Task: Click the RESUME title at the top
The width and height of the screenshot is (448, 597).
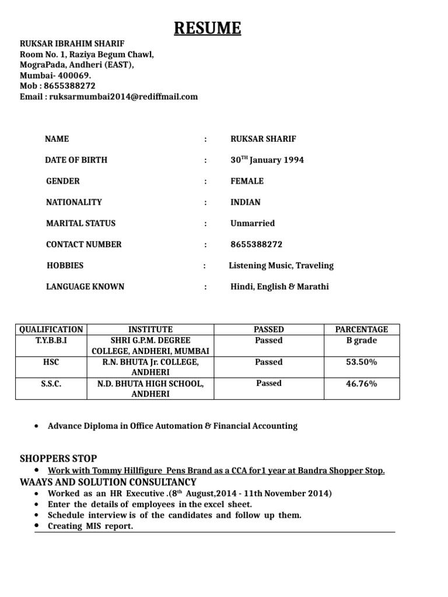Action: click(x=207, y=27)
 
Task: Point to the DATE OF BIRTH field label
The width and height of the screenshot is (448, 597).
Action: click(x=76, y=160)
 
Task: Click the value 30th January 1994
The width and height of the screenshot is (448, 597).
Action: click(x=267, y=160)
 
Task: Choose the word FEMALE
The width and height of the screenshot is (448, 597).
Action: click(x=247, y=181)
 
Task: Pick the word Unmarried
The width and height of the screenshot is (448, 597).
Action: click(x=252, y=223)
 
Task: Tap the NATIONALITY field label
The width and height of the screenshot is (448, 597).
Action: click(x=74, y=202)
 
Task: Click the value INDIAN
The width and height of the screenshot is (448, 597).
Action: click(x=246, y=202)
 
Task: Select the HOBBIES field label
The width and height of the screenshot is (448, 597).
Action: click(x=65, y=265)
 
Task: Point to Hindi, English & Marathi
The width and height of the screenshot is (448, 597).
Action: click(x=279, y=286)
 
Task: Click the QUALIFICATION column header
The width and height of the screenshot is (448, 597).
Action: click(x=51, y=329)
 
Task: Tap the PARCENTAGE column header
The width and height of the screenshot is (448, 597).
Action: click(x=362, y=329)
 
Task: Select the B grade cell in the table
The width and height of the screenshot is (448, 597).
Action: click(x=362, y=340)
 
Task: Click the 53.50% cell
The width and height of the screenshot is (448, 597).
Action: click(x=362, y=362)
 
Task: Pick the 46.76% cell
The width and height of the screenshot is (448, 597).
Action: click(x=362, y=384)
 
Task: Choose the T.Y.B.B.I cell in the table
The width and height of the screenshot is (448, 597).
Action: click(x=51, y=340)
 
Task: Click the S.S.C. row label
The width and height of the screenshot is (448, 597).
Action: click(x=51, y=384)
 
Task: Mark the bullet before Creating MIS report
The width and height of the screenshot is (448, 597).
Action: click(x=37, y=526)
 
